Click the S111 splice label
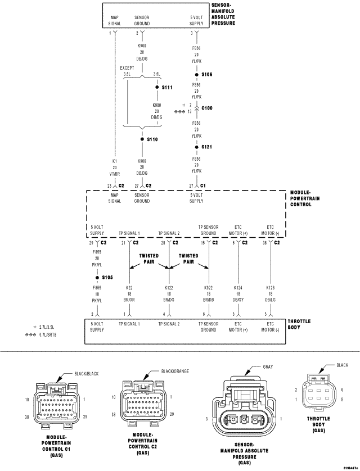tap(167, 87)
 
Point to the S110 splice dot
tap(141, 139)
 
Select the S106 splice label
tap(207, 74)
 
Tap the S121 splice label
tap(207, 147)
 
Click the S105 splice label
tap(107, 277)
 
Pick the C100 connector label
tap(208, 108)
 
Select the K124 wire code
tap(238, 288)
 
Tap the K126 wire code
tap(270, 288)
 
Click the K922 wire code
tap(208, 288)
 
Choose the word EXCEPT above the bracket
tap(127, 67)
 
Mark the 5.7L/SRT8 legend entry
tap(48, 334)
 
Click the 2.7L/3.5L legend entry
tap(48, 327)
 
